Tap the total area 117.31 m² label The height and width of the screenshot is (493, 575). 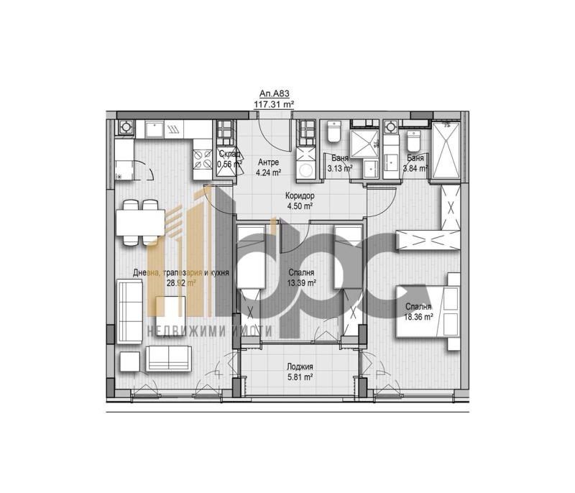click(x=274, y=103)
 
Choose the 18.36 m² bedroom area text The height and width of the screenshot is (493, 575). click(x=418, y=316)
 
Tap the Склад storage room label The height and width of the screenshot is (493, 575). click(x=229, y=154)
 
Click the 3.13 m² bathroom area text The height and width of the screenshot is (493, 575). click(x=340, y=168)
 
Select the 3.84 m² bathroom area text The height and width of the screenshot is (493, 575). click(x=415, y=168)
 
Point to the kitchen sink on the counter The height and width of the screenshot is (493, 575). click(x=154, y=129)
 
